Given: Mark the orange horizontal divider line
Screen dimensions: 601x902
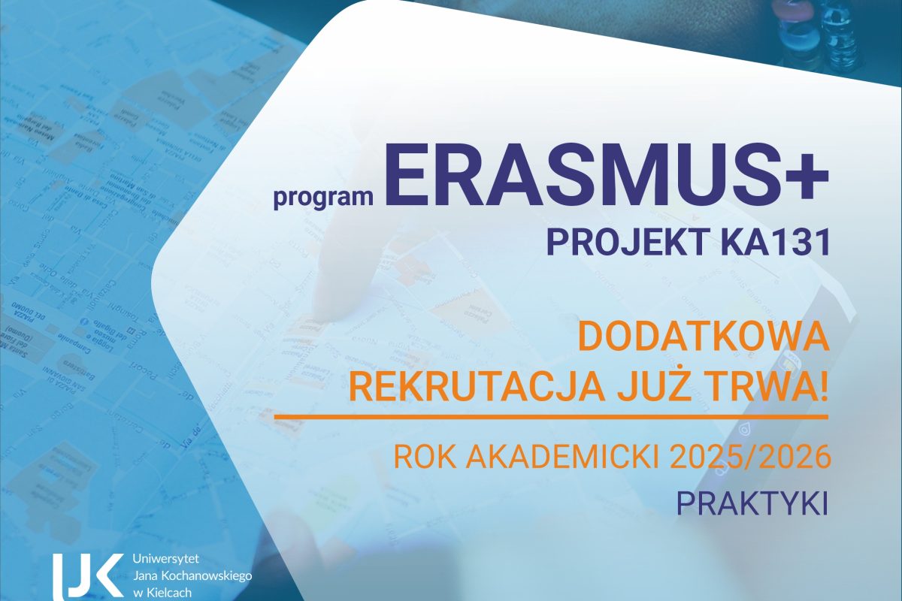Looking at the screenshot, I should pos(550,415).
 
